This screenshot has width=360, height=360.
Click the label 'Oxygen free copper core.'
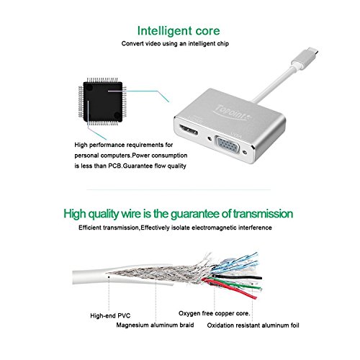[x=216, y=314]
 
